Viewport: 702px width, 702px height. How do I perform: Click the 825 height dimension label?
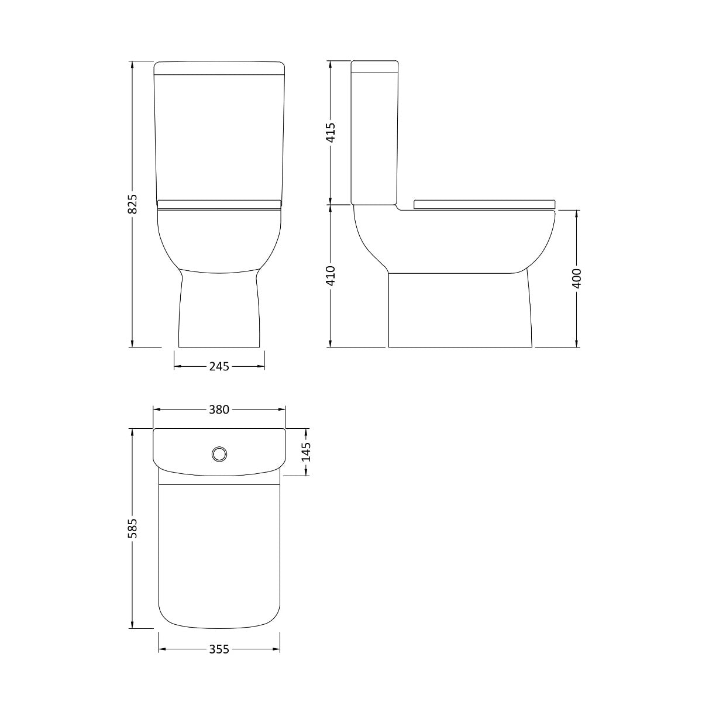pos(133,204)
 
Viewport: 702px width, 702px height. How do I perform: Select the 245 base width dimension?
pos(219,367)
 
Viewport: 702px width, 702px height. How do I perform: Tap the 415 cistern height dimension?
pos(331,133)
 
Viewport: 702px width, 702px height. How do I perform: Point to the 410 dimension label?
pos(331,276)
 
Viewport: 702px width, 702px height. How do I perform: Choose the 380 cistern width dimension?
pos(219,409)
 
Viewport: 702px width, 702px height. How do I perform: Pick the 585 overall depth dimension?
pos(133,528)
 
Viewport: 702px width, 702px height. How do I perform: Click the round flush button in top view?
pos(219,453)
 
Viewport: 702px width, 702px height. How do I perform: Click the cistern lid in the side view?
pos(374,66)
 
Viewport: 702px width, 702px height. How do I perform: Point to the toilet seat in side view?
pos(484,204)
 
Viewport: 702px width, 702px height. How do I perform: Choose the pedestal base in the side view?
pos(459,310)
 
